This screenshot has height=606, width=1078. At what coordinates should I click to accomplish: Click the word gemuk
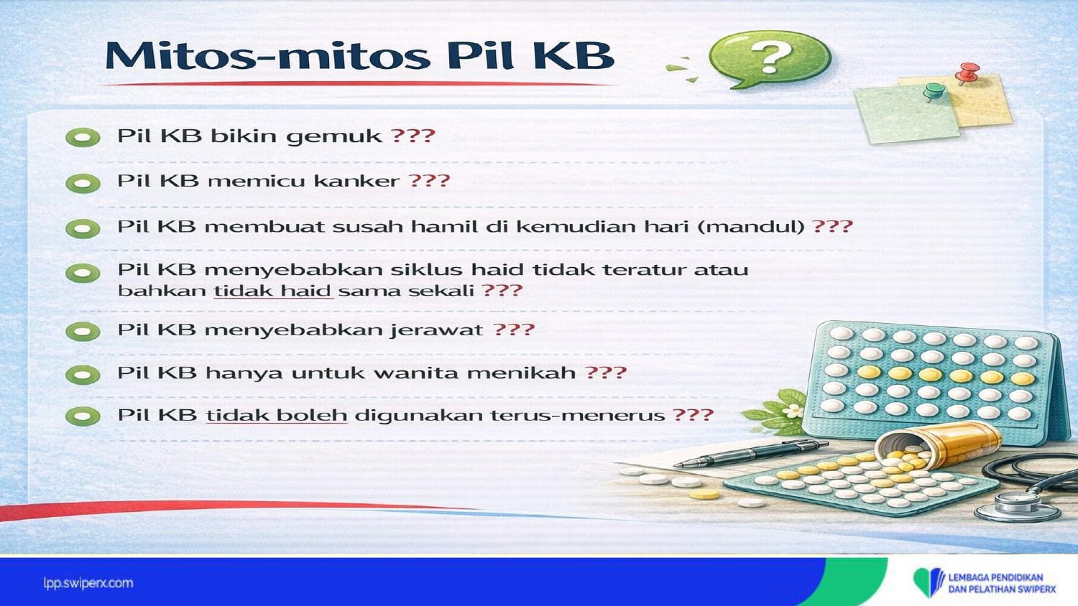tap(334, 136)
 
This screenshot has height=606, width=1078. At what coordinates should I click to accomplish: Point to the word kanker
tap(356, 181)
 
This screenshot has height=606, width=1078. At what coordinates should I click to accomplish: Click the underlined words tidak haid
tap(273, 291)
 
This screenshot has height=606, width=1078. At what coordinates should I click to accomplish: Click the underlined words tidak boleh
tap(276, 415)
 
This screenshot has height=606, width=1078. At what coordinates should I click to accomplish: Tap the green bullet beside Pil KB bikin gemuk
tap(83, 138)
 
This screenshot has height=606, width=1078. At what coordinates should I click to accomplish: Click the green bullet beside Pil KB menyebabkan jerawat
tap(83, 332)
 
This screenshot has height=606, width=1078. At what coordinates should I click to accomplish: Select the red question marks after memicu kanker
tap(429, 181)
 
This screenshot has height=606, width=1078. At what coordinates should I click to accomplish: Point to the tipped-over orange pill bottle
tap(939, 445)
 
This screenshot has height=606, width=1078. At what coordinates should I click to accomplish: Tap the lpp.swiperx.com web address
tap(88, 584)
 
